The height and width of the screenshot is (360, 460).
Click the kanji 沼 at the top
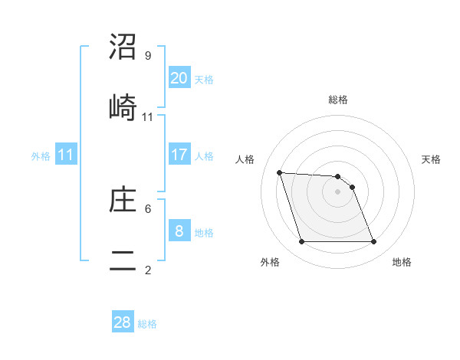[123, 47]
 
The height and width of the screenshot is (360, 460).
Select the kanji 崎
[123, 107]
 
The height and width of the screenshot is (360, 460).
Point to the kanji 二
[123, 260]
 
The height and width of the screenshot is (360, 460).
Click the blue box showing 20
[179, 77]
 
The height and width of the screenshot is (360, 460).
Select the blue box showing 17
[179, 155]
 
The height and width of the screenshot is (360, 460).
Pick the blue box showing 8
[179, 231]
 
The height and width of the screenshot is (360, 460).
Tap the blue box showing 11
[65, 155]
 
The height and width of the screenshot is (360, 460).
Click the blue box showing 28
[123, 322]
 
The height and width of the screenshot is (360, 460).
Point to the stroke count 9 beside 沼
[148, 56]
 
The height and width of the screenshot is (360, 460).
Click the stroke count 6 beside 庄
[148, 208]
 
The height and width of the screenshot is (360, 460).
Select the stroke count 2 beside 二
[148, 270]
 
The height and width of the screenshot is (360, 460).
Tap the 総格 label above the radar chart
[338, 100]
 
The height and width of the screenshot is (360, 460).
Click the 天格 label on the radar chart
[431, 159]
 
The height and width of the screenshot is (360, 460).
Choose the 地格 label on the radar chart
[402, 262]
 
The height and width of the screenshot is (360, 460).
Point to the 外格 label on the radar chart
[270, 262]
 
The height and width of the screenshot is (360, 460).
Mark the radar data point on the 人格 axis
[280, 172]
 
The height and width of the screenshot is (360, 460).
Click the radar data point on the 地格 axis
[373, 242]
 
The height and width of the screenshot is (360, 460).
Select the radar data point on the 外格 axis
[301, 242]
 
